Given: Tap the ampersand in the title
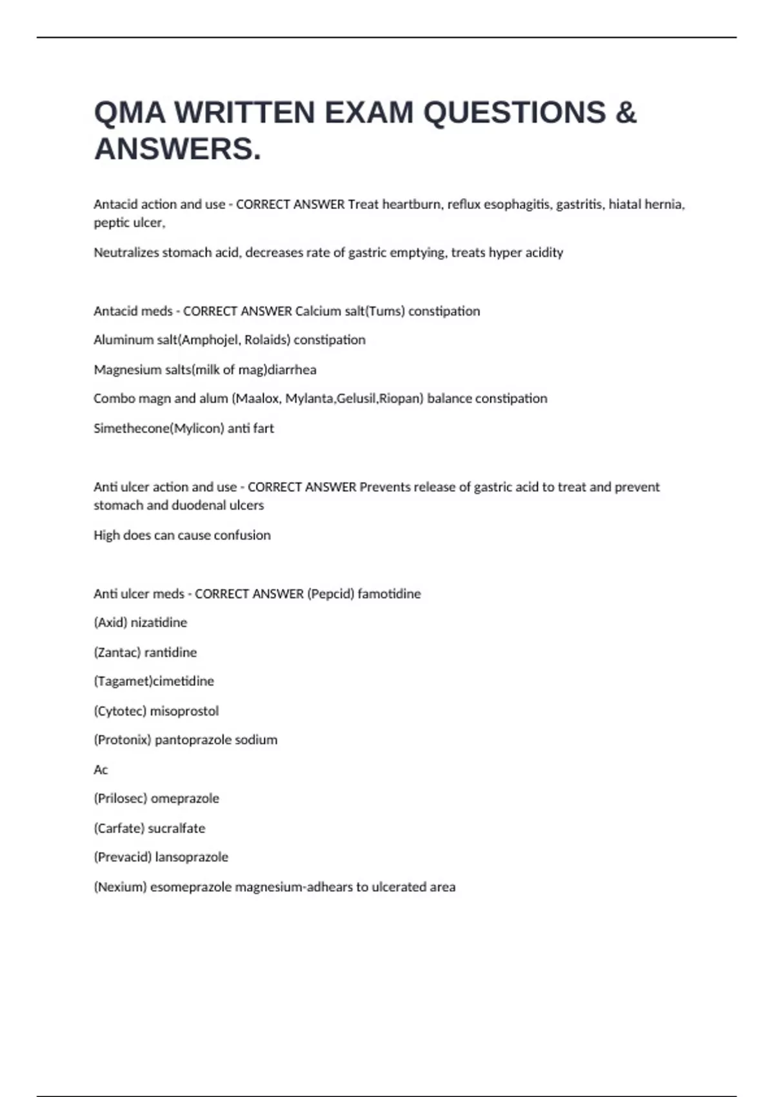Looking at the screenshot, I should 626,113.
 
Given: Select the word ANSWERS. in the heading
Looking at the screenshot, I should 178,149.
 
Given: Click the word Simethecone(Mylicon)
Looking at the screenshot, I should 159,428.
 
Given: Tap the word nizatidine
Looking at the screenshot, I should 159,623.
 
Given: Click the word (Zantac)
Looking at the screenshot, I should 117,652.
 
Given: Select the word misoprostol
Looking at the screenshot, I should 184,711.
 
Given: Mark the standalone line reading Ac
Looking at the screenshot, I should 101,770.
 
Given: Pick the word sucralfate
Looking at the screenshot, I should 176,829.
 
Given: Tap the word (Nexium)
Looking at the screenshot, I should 120,887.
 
